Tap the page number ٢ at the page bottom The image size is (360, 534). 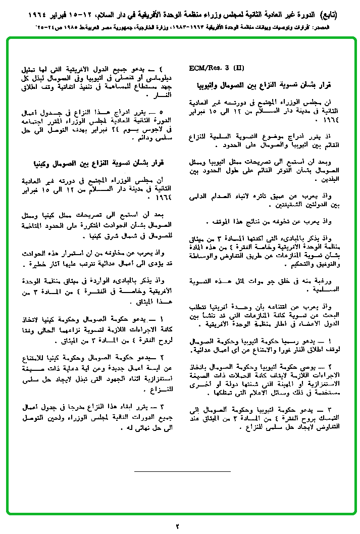177,526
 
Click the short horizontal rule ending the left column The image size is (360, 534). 182,471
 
